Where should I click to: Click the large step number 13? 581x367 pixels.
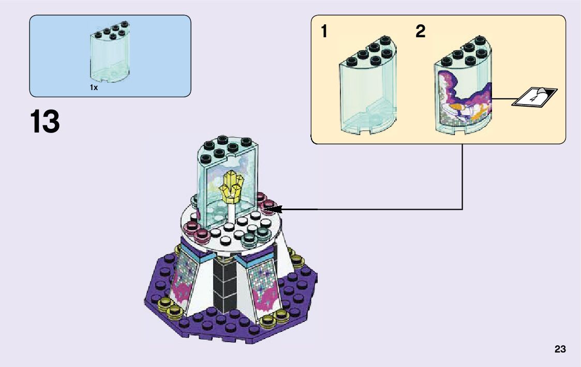click(45, 122)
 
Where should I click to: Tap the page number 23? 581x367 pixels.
click(560, 349)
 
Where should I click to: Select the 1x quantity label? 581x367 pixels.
click(94, 88)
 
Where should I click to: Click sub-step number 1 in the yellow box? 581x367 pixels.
click(324, 32)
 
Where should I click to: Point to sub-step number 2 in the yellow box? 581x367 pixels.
click(420, 32)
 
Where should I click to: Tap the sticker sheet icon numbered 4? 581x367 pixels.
click(534, 97)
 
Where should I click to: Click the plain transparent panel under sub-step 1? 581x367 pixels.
click(367, 91)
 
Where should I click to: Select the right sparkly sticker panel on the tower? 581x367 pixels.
click(264, 285)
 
